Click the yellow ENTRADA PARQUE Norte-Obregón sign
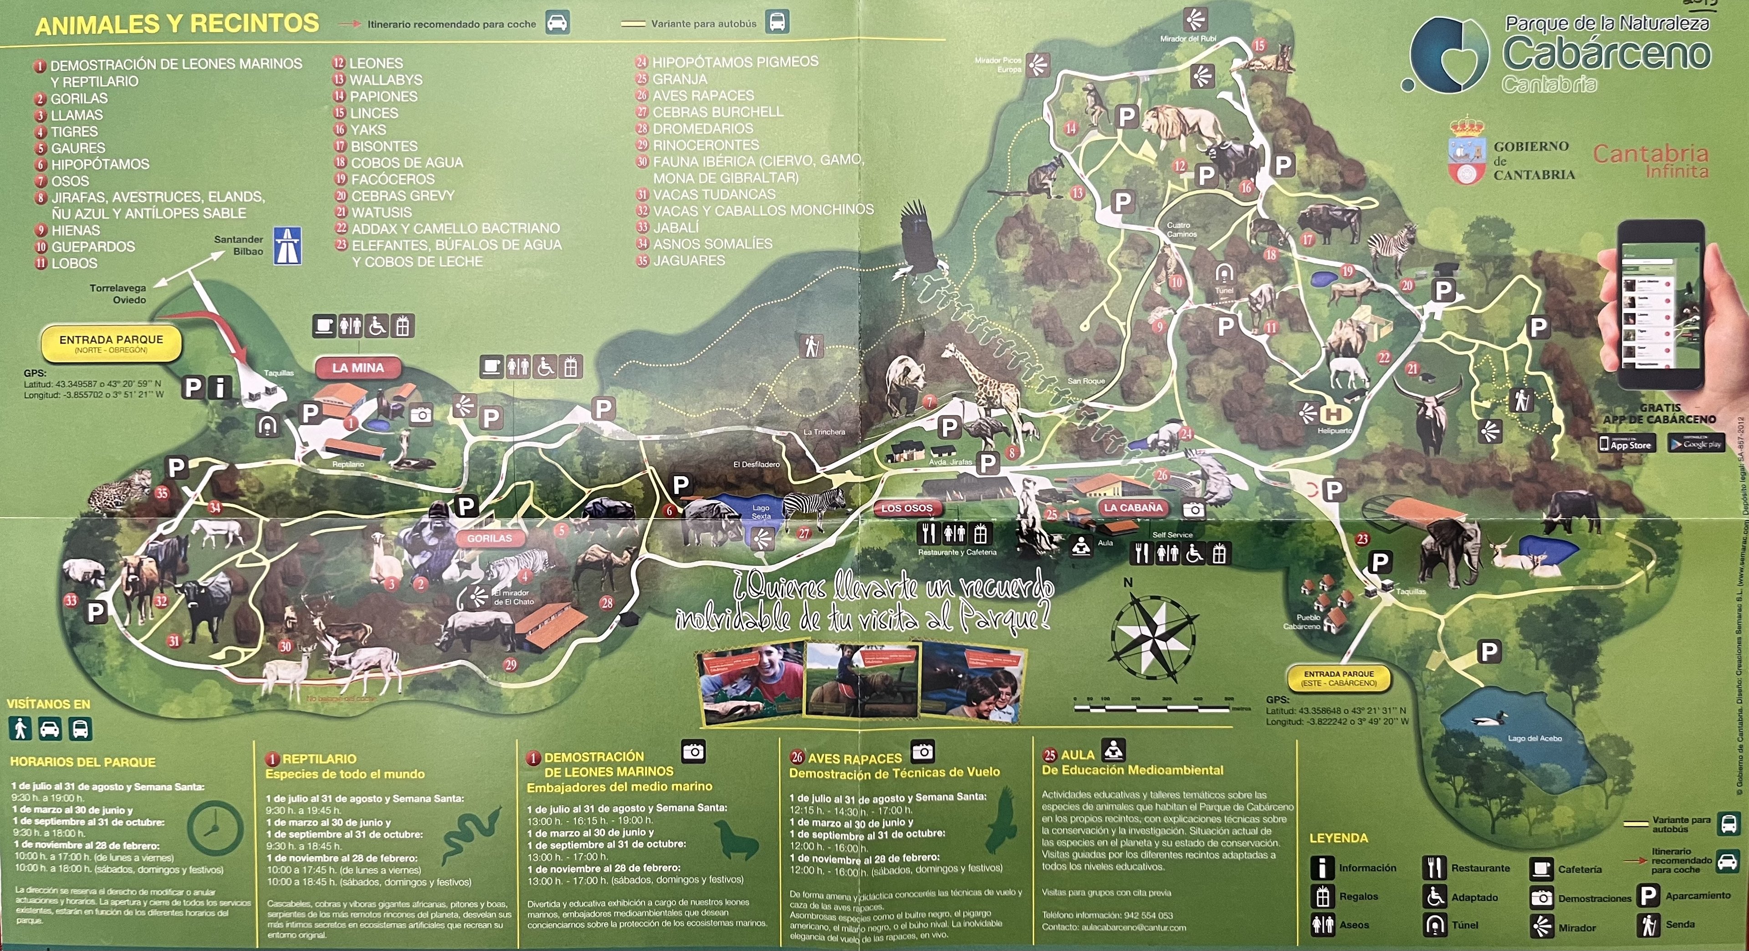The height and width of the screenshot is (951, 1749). (x=111, y=344)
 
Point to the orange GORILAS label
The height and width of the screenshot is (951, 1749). (x=489, y=538)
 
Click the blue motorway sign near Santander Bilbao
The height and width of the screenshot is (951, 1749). (x=287, y=246)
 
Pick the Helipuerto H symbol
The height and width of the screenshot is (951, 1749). (x=1334, y=414)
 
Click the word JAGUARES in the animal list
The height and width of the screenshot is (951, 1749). (x=689, y=261)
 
